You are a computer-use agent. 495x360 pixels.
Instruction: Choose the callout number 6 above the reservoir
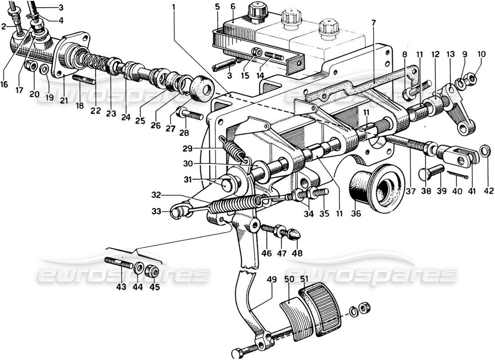[x=233, y=8]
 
